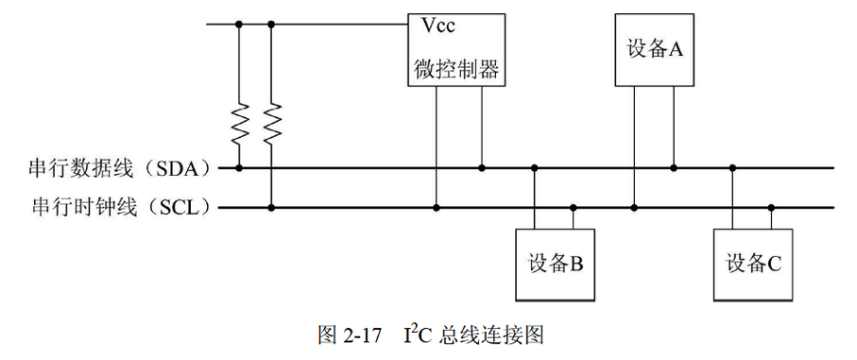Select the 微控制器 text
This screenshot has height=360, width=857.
point(454,69)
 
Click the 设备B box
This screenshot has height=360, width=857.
point(555,264)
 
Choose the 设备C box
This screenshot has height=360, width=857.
point(753,264)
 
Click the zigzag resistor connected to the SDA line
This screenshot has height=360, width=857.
point(238,122)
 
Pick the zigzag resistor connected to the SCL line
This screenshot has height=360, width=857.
point(272,122)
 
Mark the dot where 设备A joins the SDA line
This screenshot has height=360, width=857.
point(674,168)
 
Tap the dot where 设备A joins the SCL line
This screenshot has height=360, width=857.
point(634,206)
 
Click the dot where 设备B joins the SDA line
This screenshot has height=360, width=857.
point(535,168)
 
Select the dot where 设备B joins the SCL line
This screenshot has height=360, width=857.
point(573,206)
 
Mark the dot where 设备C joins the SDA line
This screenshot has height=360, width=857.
point(732,168)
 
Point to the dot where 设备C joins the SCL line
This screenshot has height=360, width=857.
point(771,206)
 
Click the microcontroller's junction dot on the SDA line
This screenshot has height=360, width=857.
point(482,168)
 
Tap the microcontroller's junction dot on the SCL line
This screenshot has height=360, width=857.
point(437,206)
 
